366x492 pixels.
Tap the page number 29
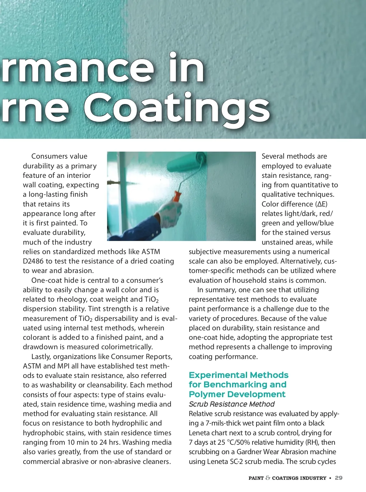tap(339, 478)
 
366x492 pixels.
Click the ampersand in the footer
tap(268, 478)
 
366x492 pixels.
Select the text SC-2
tap(234, 461)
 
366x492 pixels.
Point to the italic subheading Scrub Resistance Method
tap(231, 404)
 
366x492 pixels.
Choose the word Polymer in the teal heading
tap(206, 394)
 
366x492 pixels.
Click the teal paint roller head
tap(186, 164)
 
